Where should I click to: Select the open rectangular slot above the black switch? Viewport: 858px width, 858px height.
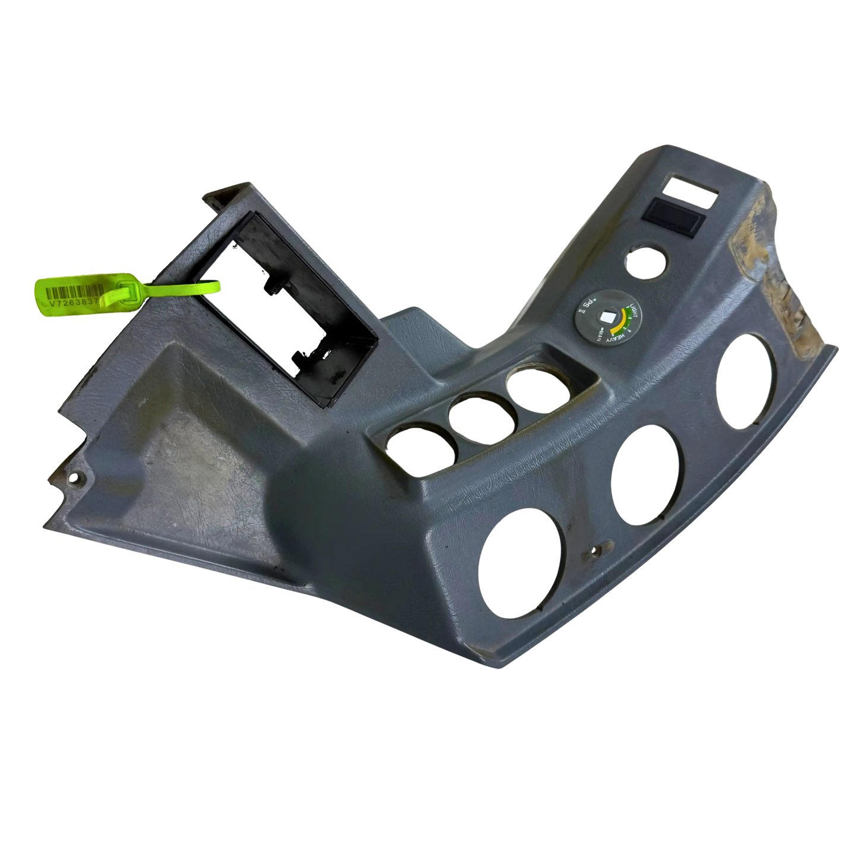pyautogui.click(x=691, y=184)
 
